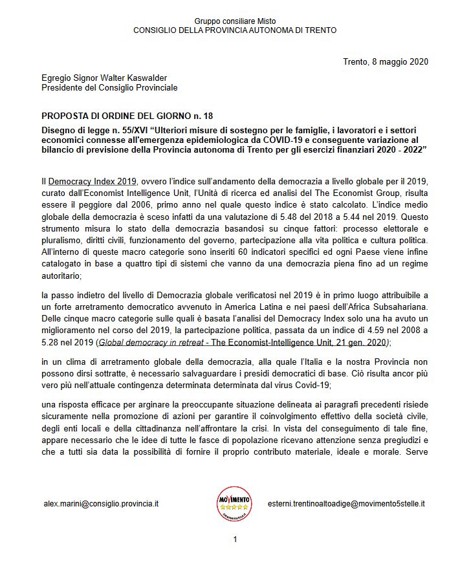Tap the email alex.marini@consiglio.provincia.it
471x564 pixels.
(x=101, y=503)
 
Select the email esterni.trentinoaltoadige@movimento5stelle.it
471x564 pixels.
(x=351, y=503)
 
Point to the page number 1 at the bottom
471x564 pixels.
(x=235, y=539)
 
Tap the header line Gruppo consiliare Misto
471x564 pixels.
(x=234, y=21)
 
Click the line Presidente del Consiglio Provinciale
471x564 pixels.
(x=109, y=87)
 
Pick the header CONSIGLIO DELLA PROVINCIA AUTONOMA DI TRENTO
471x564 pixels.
(x=234, y=30)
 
